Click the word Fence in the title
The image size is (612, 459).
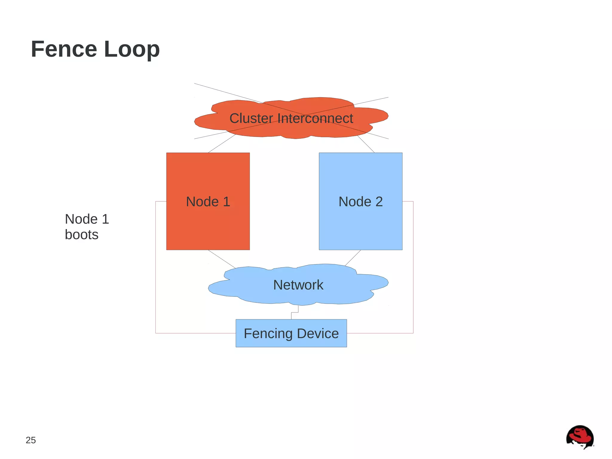click(x=64, y=49)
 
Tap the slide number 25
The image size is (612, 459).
click(x=31, y=440)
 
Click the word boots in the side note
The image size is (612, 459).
click(x=82, y=235)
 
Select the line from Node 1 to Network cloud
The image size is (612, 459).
click(x=222, y=259)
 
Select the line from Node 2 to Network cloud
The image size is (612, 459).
click(x=353, y=258)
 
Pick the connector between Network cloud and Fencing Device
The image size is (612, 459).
click(x=295, y=312)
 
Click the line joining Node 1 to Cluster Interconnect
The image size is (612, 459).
click(x=222, y=144)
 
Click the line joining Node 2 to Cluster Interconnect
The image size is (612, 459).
click(x=366, y=144)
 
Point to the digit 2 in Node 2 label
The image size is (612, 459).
click(x=379, y=202)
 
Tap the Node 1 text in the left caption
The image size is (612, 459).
click(x=87, y=219)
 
